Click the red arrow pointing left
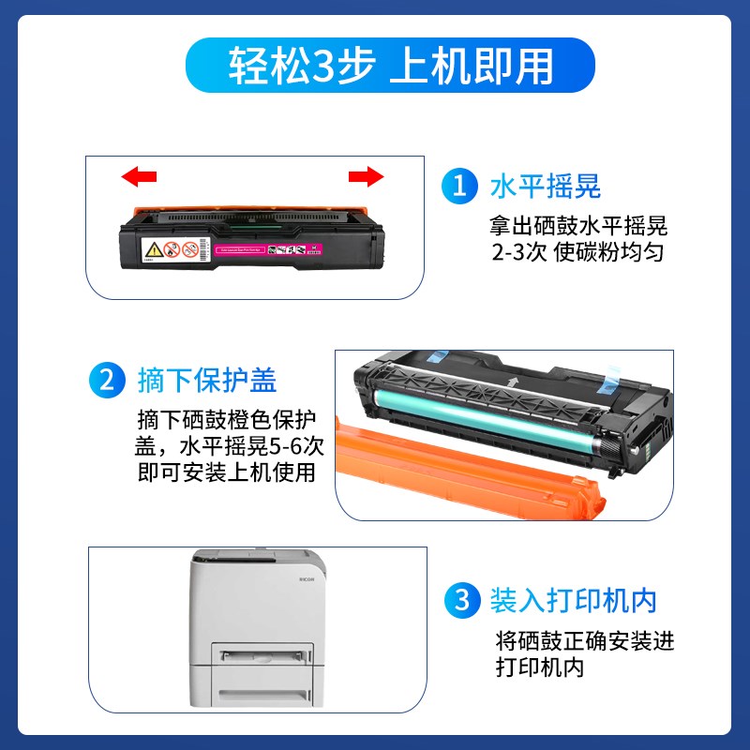[x=140, y=175]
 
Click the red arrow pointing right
[x=367, y=175]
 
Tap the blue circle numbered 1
[x=458, y=185]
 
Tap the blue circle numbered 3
[x=458, y=599]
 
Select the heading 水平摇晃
[x=545, y=185]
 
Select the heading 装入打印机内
[x=573, y=599]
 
